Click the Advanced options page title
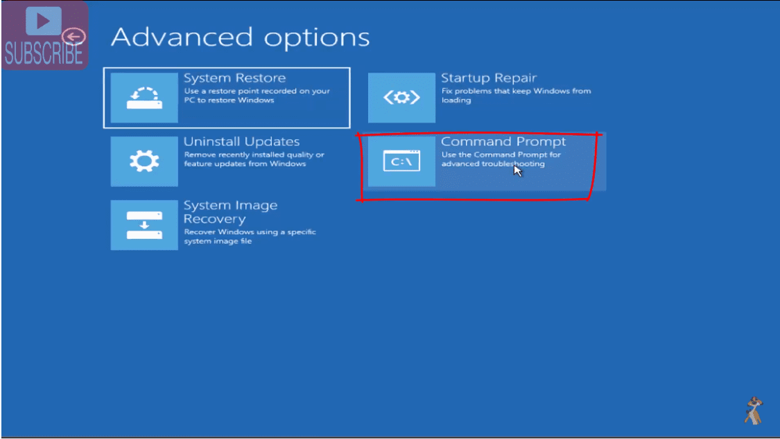[241, 37]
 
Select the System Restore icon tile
[144, 98]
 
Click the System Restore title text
[235, 78]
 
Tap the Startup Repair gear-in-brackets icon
[401, 98]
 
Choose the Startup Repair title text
[489, 78]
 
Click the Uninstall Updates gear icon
[144, 161]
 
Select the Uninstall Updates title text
[242, 141]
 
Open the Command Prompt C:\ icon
[401, 161]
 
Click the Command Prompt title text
[503, 141]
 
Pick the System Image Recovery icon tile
[144, 225]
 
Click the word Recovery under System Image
[215, 219]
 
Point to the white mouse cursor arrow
[517, 170]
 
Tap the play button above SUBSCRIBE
[43, 21]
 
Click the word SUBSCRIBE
[44, 54]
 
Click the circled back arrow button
[73, 36]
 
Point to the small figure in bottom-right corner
[754, 410]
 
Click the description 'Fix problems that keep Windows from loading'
[517, 96]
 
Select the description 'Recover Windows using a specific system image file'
[250, 236]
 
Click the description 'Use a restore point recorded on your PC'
[257, 96]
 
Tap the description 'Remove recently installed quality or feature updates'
[254, 159]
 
